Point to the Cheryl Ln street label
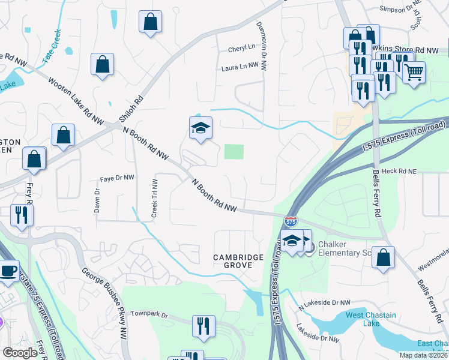tap(241, 49)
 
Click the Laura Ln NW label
tap(243, 68)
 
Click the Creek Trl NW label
tap(154, 199)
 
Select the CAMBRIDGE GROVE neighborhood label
tap(238, 262)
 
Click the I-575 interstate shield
tap(291, 221)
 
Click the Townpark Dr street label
tap(148, 313)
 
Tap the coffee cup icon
tap(8, 271)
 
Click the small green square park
tap(234, 151)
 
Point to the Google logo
tap(20, 353)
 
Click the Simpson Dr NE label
tap(400, 9)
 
